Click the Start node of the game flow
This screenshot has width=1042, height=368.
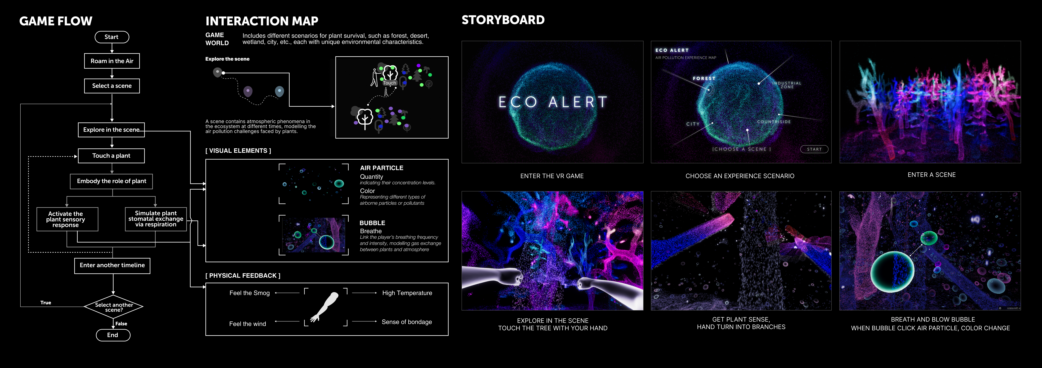click(112, 37)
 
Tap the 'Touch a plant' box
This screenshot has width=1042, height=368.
click(111, 156)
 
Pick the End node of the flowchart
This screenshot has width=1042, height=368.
click(113, 335)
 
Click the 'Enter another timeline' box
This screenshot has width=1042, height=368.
click(112, 265)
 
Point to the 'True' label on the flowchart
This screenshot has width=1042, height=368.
click(46, 302)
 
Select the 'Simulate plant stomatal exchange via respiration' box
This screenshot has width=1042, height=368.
click(156, 219)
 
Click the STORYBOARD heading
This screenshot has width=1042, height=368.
click(503, 20)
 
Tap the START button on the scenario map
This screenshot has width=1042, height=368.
click(814, 149)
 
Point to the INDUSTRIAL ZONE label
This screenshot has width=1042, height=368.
click(787, 85)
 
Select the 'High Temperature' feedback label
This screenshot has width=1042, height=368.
click(407, 293)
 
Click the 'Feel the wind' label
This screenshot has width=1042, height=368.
click(248, 324)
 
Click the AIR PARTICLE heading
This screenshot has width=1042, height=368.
click(381, 168)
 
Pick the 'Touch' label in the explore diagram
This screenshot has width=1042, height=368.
click(390, 83)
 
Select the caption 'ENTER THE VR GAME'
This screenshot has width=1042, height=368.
click(552, 176)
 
